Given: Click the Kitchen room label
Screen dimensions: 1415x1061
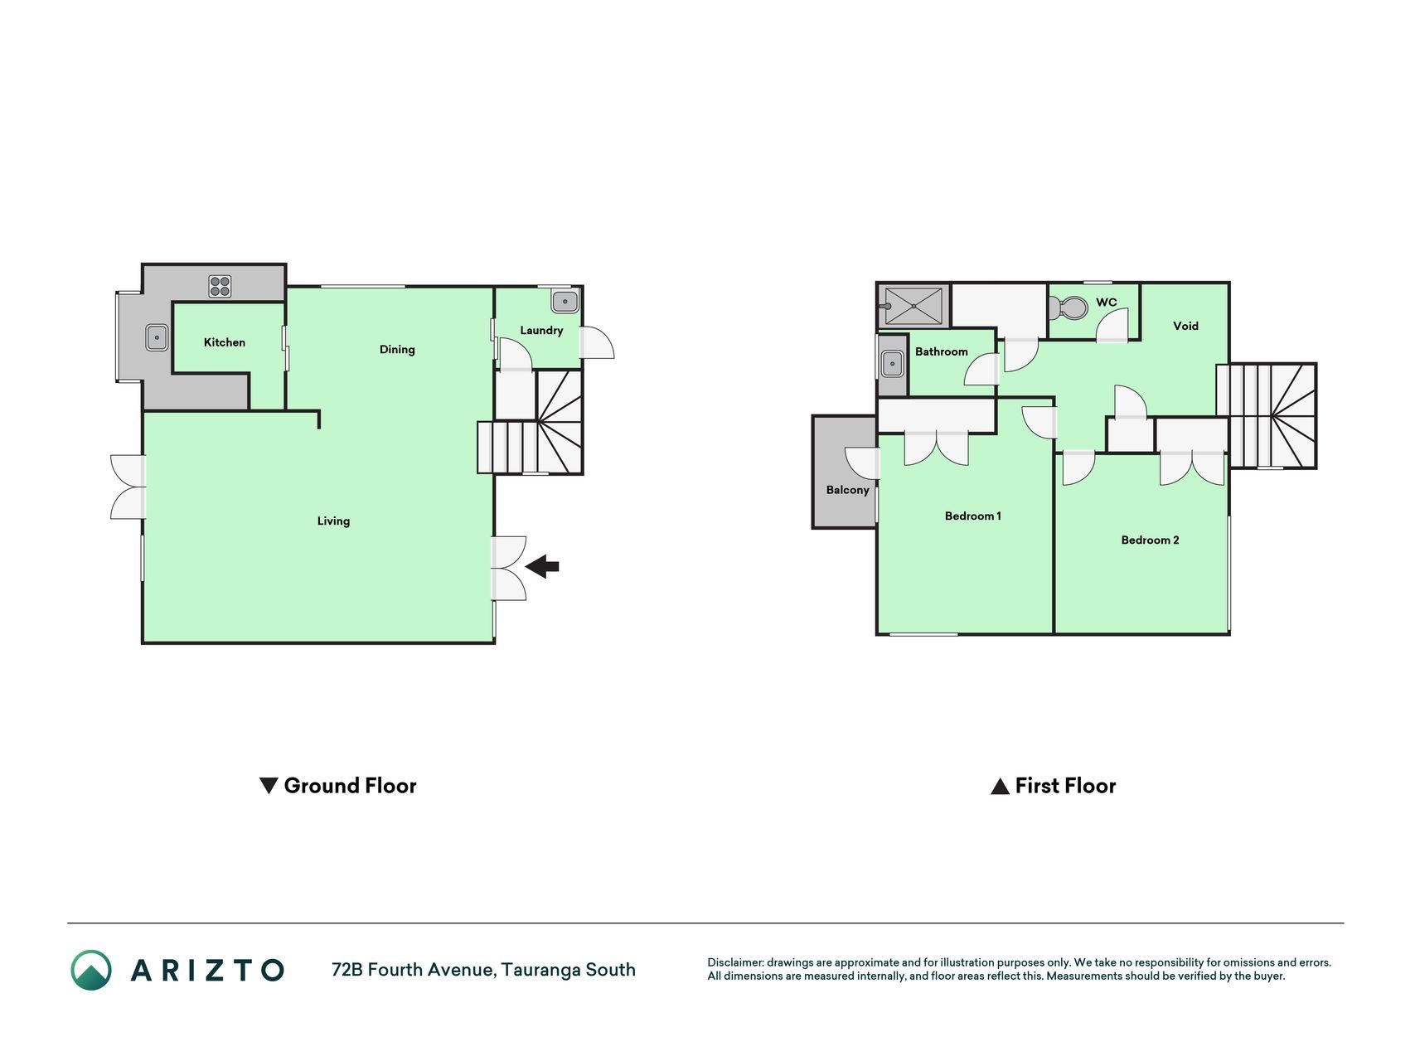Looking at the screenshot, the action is point(225,342).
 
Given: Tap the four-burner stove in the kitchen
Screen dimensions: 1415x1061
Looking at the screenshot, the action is point(220,287).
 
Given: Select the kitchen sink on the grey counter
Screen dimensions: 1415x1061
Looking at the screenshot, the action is point(157,337).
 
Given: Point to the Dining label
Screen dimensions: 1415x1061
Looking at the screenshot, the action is point(397,350).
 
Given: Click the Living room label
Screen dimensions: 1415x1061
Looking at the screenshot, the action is point(333,521).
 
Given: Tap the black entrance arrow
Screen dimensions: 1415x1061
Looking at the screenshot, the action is point(543,567).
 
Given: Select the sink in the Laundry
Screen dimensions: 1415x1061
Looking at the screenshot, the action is point(565,301).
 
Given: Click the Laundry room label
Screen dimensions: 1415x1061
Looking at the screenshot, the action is point(541,331).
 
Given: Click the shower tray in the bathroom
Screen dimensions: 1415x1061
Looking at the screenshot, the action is point(913,306).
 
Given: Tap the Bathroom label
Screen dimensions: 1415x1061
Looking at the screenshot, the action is point(942,351).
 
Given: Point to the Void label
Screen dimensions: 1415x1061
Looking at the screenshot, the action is point(1185,326).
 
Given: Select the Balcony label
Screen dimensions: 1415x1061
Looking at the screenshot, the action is point(847,490).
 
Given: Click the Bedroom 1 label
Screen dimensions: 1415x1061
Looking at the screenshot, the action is point(973,516).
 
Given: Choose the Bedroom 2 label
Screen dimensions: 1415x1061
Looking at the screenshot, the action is point(1150,540).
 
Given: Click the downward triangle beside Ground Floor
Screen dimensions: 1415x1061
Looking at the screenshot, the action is point(269,785).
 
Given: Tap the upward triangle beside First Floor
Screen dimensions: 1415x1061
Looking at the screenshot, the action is point(1001,787).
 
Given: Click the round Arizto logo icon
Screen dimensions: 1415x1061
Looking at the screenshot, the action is point(91,970).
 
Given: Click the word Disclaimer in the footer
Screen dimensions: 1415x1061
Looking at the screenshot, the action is point(734,962).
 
